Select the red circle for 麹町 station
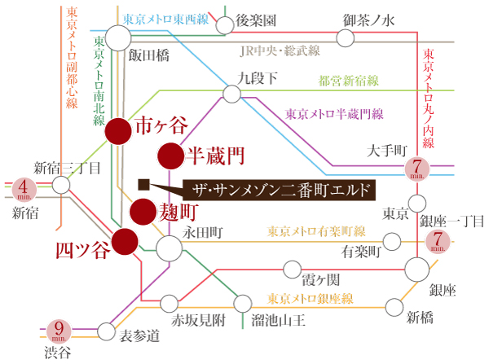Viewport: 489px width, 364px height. pyautogui.click(x=143, y=211)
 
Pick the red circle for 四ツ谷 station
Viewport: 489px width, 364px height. pyautogui.click(x=125, y=242)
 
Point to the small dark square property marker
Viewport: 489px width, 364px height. pyautogui.click(x=143, y=183)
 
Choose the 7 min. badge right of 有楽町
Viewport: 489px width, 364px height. pyautogui.click(x=438, y=242)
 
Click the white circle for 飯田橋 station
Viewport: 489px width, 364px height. pyautogui.click(x=119, y=37)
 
